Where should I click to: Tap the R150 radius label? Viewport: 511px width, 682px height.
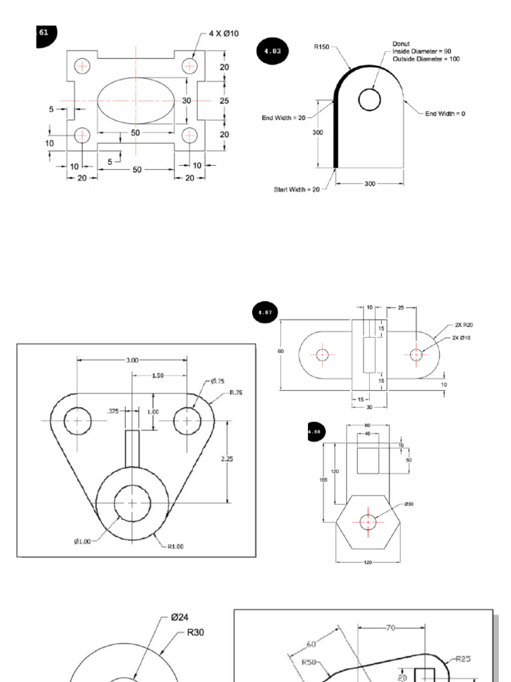tap(321, 47)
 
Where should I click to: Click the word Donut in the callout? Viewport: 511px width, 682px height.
tap(401, 45)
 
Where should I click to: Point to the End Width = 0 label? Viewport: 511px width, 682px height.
tap(445, 114)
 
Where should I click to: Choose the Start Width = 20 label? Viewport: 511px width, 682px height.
tap(297, 190)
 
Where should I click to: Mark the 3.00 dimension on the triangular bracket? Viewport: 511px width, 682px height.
tap(132, 360)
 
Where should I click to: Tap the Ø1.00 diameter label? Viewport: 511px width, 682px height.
tap(83, 541)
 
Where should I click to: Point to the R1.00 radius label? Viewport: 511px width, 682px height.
tap(175, 547)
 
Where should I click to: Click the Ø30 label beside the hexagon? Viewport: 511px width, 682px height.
tap(409, 504)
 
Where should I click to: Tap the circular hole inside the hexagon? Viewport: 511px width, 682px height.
tap(368, 522)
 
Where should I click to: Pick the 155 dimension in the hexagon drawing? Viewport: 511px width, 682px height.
tap(323, 480)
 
